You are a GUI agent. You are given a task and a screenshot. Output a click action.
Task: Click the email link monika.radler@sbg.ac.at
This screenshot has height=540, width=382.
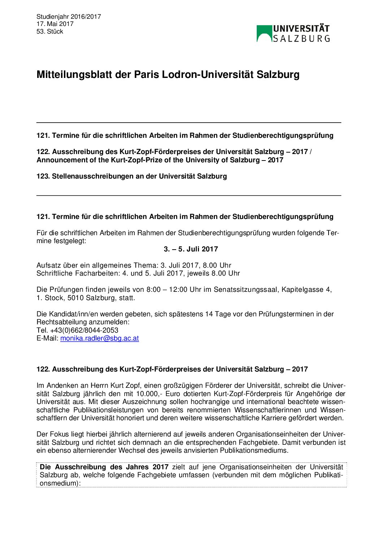pyautogui.click(x=99, y=338)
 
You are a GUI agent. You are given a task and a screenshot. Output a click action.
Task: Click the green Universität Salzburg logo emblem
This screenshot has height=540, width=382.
pyautogui.click(x=264, y=33)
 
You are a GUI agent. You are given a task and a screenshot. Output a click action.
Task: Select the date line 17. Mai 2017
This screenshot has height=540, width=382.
pyautogui.click(x=55, y=24)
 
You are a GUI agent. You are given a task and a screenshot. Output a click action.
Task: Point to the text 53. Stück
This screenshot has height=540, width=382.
pyautogui.click(x=50, y=31)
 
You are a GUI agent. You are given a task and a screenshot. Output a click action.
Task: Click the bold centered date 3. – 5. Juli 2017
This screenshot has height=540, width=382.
pyautogui.click(x=191, y=249)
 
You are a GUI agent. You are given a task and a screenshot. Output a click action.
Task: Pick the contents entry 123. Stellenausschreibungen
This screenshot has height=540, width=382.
pyautogui.click(x=131, y=176)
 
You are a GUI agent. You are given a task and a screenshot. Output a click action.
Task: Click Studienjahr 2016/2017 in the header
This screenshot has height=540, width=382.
pyautogui.click(x=69, y=17)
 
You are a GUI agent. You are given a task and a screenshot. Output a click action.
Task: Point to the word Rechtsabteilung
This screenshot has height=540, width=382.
pyautogui.click(x=61, y=322)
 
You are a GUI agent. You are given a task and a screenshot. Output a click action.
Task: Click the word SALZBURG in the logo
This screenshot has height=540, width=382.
pyautogui.click(x=301, y=38)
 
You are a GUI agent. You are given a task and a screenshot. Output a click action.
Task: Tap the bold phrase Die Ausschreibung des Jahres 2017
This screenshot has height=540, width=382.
pyautogui.click(x=104, y=467)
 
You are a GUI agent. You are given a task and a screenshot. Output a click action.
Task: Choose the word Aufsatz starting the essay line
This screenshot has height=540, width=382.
pyautogui.click(x=49, y=265)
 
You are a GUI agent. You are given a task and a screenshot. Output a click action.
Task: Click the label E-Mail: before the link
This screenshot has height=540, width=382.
pyautogui.click(x=47, y=338)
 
